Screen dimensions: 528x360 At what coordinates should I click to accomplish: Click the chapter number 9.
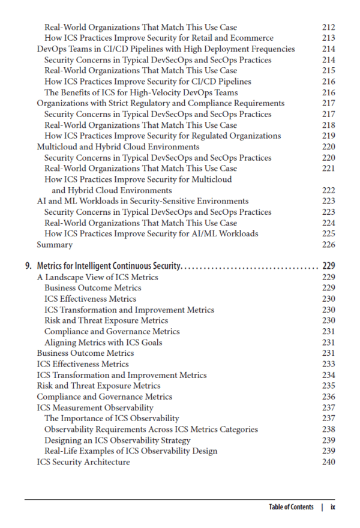point(28,266)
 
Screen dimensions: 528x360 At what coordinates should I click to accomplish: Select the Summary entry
point(55,245)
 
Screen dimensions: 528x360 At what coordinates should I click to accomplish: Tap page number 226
point(328,245)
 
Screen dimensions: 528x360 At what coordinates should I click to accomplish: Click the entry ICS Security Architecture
point(83,462)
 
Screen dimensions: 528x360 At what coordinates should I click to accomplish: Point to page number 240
point(328,462)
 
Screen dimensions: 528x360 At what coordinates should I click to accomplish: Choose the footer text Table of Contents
point(291,507)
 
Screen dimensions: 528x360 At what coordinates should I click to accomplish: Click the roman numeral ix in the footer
point(332,507)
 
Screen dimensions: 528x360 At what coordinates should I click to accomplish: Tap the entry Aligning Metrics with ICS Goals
point(103,343)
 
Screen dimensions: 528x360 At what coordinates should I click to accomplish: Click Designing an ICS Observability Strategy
point(118,440)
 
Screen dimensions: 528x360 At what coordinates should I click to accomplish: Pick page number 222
point(328,190)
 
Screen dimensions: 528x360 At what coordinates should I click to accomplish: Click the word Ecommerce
point(253,38)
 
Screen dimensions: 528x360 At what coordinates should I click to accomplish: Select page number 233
point(328,364)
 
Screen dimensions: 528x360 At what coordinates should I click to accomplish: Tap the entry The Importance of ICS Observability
point(112,418)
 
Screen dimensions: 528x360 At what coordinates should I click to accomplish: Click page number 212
point(328,27)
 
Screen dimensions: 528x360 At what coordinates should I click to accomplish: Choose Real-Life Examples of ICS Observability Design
point(131,451)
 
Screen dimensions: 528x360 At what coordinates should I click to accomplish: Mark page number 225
point(328,234)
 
